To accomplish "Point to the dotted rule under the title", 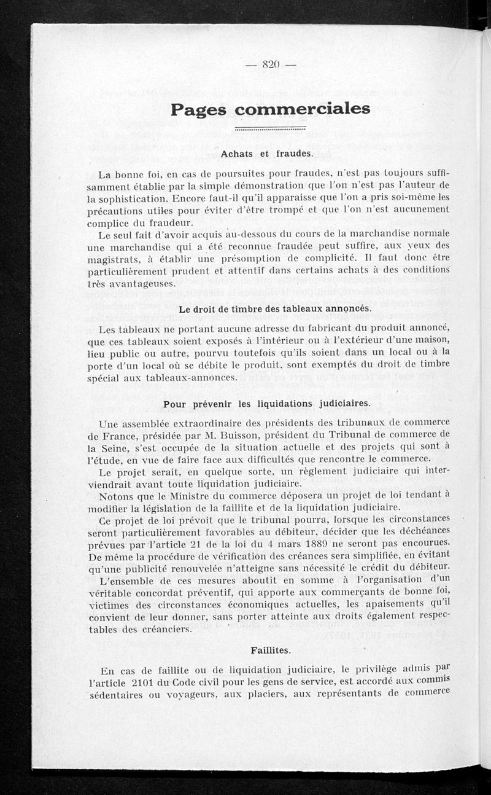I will pyautogui.click(x=271, y=129).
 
